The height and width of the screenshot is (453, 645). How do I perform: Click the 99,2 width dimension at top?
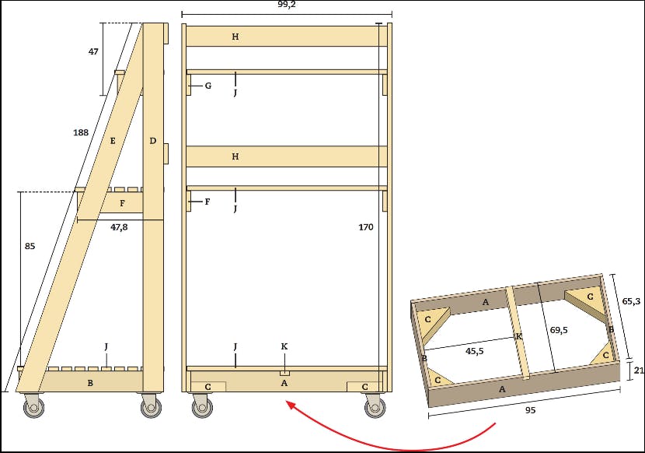tap(286, 5)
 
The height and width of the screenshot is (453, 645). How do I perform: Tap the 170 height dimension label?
tap(366, 226)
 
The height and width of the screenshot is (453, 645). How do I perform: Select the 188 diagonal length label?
tap(81, 132)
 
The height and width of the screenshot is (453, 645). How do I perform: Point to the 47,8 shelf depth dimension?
tap(119, 226)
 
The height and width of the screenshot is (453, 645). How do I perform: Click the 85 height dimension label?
tap(30, 246)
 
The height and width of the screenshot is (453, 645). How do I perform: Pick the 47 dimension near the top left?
tap(93, 51)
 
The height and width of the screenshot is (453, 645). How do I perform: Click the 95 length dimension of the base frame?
tap(531, 410)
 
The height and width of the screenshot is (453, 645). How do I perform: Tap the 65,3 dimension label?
tap(631, 301)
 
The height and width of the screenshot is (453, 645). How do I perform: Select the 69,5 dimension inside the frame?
tap(559, 330)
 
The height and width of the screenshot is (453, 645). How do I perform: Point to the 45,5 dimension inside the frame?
tap(474, 351)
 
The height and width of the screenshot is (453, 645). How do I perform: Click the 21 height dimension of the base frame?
tap(639, 370)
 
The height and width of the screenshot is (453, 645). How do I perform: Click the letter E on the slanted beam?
tap(113, 141)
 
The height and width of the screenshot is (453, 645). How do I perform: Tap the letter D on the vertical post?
tap(152, 141)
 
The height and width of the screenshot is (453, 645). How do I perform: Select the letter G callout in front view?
tap(208, 86)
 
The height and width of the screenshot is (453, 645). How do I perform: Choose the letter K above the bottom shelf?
tap(284, 346)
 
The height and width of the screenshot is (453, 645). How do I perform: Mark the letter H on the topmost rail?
tap(235, 37)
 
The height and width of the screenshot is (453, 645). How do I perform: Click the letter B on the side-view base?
tap(90, 383)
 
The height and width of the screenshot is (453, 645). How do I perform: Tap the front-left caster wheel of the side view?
tap(33, 406)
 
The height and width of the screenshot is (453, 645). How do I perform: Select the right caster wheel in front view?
tap(375, 406)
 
